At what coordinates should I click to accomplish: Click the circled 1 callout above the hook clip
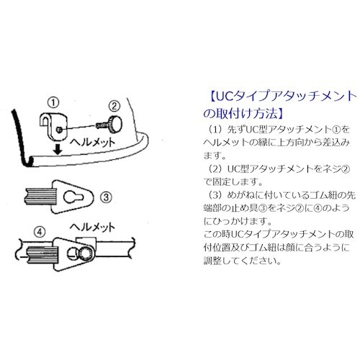(53, 103)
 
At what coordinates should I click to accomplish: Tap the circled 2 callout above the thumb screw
(114, 106)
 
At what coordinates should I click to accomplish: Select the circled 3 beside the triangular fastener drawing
(106, 197)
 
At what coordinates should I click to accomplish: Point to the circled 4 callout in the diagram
(40, 232)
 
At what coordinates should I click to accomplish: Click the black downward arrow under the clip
(58, 150)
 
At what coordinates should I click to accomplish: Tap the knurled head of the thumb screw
(115, 125)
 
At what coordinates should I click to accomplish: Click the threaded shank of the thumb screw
(102, 125)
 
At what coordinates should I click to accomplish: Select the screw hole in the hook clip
(59, 130)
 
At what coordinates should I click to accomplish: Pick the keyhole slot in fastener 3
(73, 197)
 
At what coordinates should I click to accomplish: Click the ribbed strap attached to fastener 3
(40, 197)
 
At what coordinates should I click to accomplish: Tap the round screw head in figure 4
(85, 254)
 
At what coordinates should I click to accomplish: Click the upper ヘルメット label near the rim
(92, 143)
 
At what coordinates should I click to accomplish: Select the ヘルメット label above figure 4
(92, 227)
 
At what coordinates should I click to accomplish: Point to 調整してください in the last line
(242, 261)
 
